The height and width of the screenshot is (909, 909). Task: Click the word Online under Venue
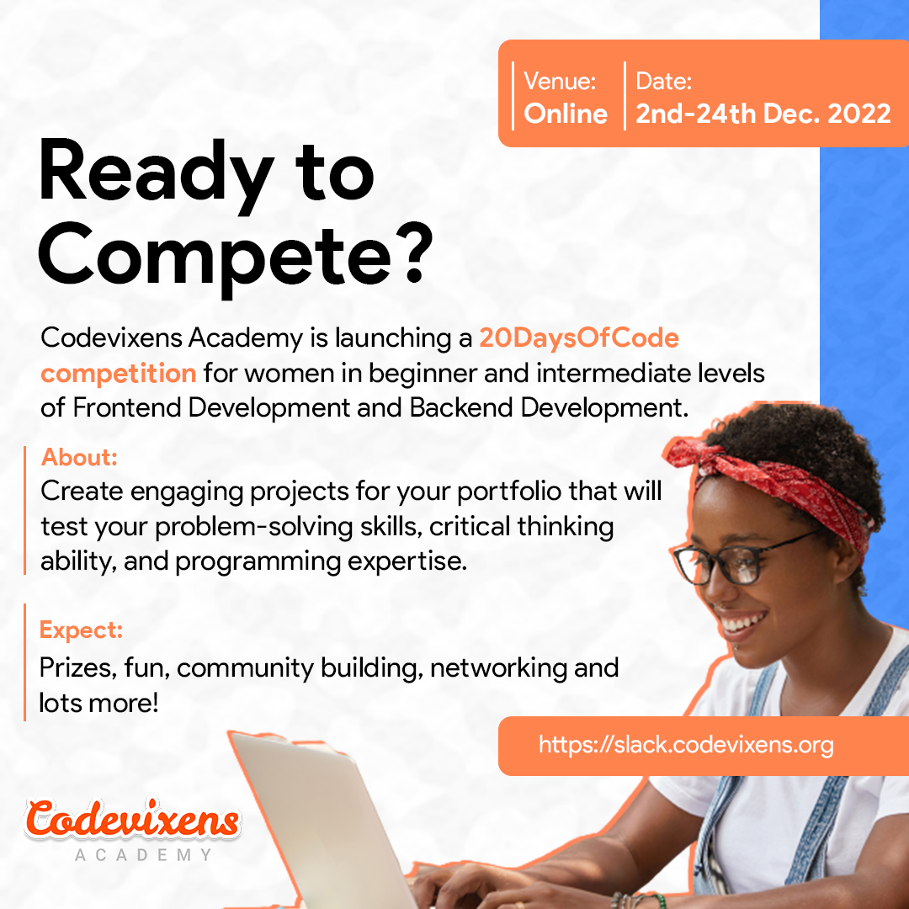(x=566, y=113)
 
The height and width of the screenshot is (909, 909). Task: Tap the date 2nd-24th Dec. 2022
(x=763, y=113)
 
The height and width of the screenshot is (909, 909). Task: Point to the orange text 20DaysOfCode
(x=578, y=338)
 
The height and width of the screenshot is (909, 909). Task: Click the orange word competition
(x=119, y=374)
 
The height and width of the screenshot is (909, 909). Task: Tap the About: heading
(x=79, y=457)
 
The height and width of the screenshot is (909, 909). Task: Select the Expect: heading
(x=81, y=630)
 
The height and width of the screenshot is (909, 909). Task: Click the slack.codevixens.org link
(x=686, y=744)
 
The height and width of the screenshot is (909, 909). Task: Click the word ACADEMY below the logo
(x=143, y=854)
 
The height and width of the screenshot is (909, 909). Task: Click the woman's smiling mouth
(x=742, y=623)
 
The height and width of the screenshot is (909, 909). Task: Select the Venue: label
(x=560, y=81)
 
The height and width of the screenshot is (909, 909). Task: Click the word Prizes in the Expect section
(x=79, y=667)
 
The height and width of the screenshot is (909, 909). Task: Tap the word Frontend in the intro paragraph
(x=127, y=408)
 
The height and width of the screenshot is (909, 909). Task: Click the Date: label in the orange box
(x=664, y=81)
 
